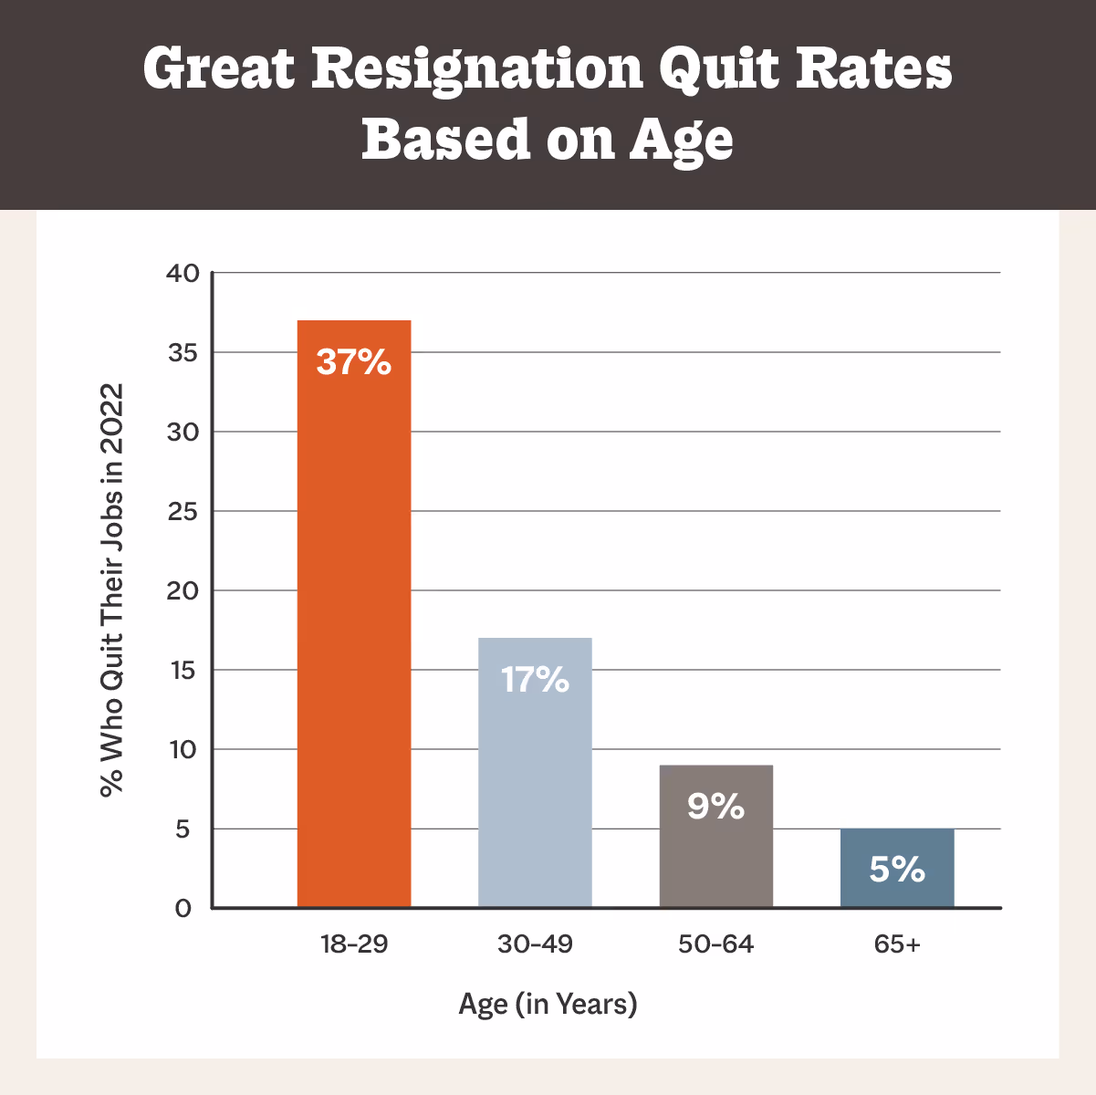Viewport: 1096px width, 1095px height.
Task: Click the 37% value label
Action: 354,362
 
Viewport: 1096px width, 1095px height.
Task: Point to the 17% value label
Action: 535,680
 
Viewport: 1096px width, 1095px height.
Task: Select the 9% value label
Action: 716,807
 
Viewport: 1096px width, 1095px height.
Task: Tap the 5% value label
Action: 897,870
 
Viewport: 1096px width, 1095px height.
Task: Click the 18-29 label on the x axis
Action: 354,944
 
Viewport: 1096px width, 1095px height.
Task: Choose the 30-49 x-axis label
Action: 535,944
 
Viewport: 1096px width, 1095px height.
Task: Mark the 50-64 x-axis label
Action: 716,944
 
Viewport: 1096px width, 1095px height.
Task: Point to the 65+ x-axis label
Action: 897,944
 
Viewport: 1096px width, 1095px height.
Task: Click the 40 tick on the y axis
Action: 183,273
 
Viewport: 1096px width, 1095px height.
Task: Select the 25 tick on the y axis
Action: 183,511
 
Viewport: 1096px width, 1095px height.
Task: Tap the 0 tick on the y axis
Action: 183,908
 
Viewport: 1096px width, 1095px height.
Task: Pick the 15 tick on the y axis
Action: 183,670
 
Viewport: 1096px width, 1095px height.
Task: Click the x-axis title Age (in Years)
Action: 548,1005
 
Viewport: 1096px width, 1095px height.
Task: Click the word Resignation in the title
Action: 478,69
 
